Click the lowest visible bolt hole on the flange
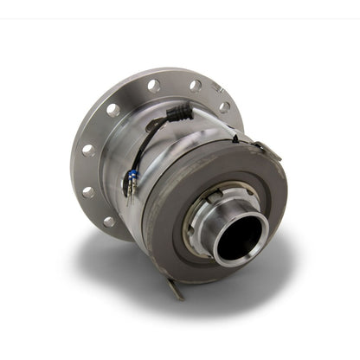[x=107, y=220]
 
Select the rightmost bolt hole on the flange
[x=224, y=108]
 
